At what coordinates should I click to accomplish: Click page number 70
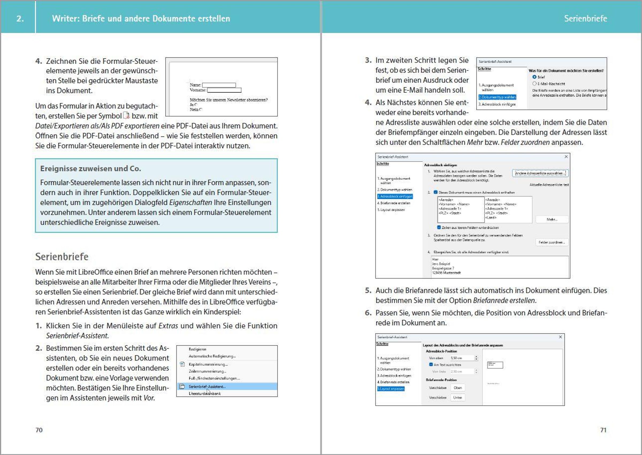tap(39, 430)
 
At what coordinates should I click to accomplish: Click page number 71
tap(603, 430)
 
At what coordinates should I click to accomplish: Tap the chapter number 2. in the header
tap(20, 18)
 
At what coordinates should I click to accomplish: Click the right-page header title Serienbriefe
tap(585, 18)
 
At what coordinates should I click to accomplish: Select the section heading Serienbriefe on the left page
tap(62, 257)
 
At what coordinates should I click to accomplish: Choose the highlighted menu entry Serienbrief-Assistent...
tap(207, 387)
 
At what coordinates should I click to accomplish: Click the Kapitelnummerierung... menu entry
tap(208, 364)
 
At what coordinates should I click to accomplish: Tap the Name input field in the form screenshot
tap(219, 85)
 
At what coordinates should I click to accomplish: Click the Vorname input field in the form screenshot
tap(224, 90)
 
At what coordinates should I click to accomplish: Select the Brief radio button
tap(534, 77)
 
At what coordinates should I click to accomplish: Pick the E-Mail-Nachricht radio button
tap(534, 83)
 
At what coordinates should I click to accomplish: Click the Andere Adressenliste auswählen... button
tap(540, 173)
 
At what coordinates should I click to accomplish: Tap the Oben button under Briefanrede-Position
tap(457, 388)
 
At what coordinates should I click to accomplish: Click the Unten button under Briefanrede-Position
tap(457, 398)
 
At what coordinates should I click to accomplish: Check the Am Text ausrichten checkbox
tap(431, 364)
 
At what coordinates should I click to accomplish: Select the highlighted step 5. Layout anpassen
tap(391, 389)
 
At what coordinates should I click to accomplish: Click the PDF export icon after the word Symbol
tap(126, 115)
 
